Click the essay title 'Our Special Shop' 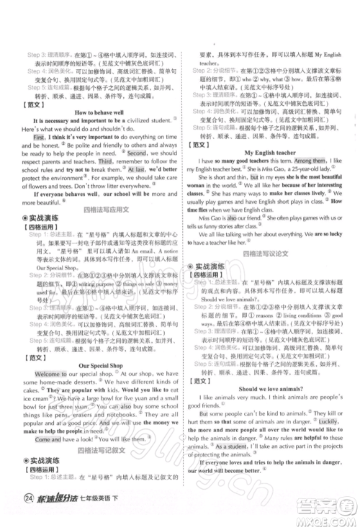tap(96, 365)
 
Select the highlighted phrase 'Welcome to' tap(47, 375)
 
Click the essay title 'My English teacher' tap(269, 153)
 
